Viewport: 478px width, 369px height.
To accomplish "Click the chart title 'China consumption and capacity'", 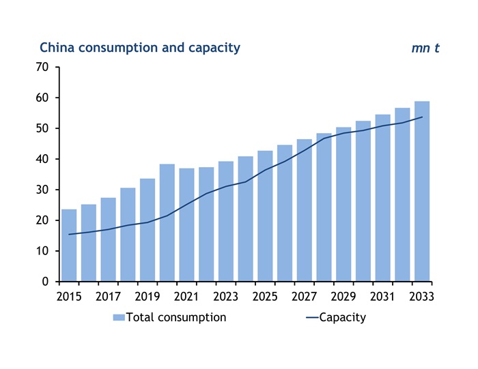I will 140,48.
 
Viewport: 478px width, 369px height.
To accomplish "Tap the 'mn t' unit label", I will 425,48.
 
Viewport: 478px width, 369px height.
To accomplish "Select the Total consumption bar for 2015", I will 69,246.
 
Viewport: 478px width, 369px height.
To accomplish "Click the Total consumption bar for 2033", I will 422,192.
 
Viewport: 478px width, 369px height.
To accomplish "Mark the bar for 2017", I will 108,239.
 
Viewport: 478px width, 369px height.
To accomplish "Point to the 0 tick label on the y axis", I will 45,282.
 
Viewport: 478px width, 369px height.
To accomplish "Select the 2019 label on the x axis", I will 147,297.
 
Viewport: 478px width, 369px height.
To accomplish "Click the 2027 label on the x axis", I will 305,297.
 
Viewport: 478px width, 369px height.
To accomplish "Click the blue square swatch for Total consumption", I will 119,318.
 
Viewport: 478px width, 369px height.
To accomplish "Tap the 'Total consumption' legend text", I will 175,317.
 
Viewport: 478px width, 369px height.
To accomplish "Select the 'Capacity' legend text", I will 343,317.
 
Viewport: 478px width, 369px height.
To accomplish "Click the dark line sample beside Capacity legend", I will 309,318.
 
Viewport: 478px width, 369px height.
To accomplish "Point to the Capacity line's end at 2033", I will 422,117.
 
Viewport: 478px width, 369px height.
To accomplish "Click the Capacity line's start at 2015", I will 69,234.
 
